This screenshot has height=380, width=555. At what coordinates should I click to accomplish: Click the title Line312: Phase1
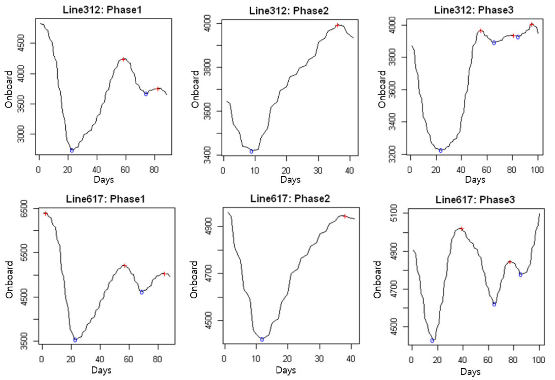pos(102,10)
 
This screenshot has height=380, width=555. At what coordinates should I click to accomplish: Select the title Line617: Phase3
pos(475,200)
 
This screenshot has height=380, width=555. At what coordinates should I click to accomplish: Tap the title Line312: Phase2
pos(289,11)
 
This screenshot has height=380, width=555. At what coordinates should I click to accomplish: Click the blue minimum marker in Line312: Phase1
pos(72,151)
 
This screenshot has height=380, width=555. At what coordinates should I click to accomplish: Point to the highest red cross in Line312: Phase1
pos(123,59)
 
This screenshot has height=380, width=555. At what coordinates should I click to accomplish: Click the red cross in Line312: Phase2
pos(337,25)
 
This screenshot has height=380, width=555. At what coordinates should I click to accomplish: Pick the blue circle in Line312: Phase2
pos(251,151)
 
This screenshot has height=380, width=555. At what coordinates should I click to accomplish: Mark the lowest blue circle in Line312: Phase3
pos(440,151)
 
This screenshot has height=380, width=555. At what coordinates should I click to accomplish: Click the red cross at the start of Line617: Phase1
pos(46,214)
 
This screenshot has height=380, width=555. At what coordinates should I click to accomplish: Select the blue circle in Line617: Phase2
pos(262,339)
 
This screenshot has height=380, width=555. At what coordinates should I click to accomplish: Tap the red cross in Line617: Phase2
pos(345,216)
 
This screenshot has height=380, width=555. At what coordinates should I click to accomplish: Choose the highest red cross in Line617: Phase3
pos(461,229)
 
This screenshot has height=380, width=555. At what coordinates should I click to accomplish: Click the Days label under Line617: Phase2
pos(286,370)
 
